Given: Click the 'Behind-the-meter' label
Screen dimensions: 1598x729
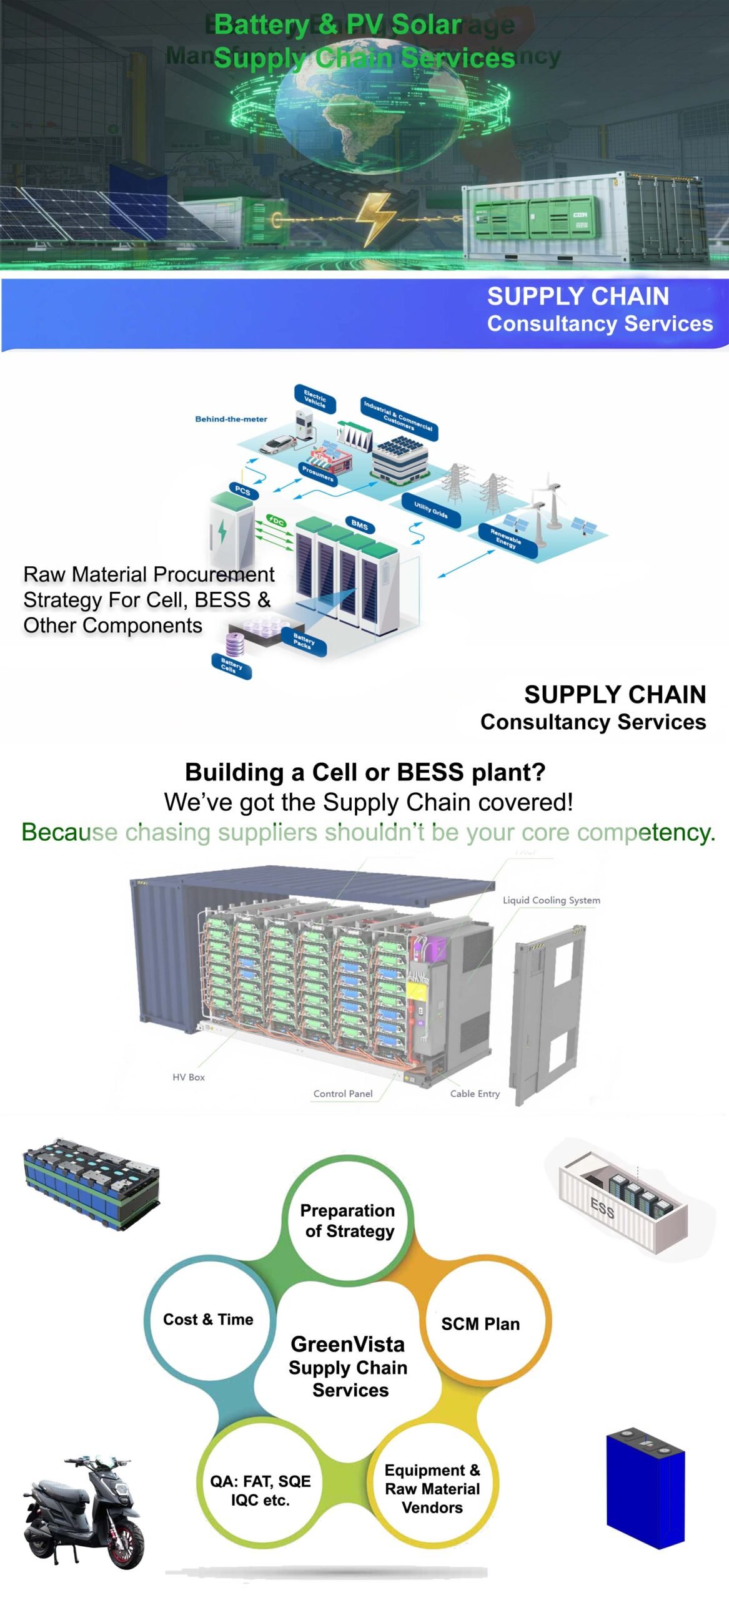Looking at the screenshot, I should tap(231, 419).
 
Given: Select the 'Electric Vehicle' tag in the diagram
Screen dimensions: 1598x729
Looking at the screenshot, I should tap(315, 399).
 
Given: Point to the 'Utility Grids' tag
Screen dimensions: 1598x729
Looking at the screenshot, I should tap(431, 511).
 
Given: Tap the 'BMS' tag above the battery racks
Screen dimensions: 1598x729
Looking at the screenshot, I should tap(359, 524).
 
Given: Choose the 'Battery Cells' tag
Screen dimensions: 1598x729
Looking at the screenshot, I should tap(232, 667).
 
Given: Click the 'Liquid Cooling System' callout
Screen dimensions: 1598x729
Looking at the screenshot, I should tap(551, 900).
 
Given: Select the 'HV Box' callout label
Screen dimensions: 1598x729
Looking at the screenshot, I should tap(188, 1077).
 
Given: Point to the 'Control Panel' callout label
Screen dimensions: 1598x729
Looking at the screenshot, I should tap(342, 1094).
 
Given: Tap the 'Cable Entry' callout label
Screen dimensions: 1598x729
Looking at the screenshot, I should tap(475, 1094).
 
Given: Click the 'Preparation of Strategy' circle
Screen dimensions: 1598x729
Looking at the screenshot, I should tap(347, 1220).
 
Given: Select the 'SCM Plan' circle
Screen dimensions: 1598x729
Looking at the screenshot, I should tap(480, 1323).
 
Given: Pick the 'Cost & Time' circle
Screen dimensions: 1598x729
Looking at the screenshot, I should tap(208, 1319).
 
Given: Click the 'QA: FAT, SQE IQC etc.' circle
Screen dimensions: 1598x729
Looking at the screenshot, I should tap(260, 1491).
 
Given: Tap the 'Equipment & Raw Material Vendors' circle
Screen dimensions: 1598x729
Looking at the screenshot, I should tap(432, 1489).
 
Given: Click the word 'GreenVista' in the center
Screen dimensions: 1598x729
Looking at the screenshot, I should tap(347, 1344).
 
